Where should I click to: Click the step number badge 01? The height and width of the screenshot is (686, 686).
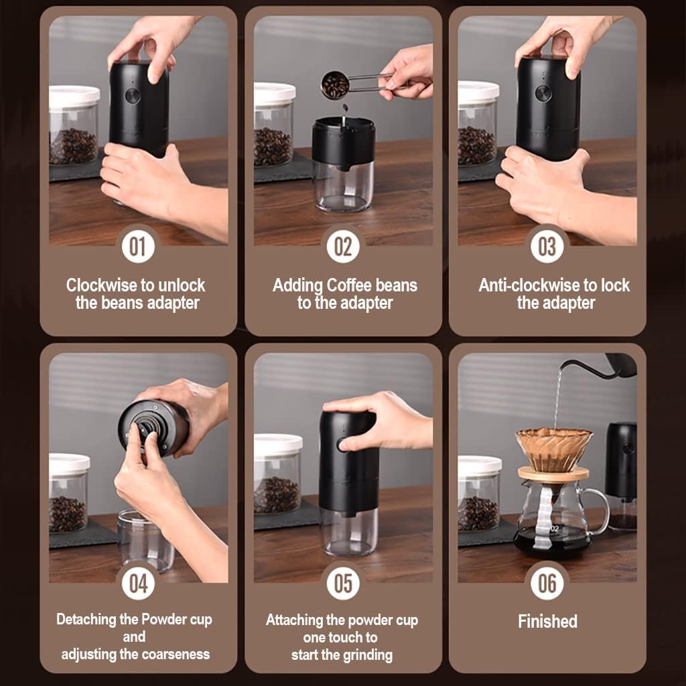pyautogui.click(x=137, y=247)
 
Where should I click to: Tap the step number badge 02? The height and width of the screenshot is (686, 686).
pyautogui.click(x=342, y=247)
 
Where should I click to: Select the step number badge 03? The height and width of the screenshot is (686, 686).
pyautogui.click(x=547, y=247)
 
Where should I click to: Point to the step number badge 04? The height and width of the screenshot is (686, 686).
pyautogui.click(x=137, y=584)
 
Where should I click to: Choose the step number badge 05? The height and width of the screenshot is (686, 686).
pyautogui.click(x=342, y=584)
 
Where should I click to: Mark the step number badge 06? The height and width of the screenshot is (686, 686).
pyautogui.click(x=547, y=584)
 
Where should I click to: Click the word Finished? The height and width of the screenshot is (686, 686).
pyautogui.click(x=547, y=621)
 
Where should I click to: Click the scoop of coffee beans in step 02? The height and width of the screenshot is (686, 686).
pyautogui.click(x=335, y=85)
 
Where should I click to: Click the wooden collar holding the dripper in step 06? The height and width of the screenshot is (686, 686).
pyautogui.click(x=553, y=474)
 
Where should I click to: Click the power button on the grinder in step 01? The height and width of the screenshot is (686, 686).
pyautogui.click(x=133, y=95)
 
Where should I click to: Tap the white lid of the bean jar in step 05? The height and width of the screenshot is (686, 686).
pyautogui.click(x=278, y=444)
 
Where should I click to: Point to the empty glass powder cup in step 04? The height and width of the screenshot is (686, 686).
pyautogui.click(x=145, y=540)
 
